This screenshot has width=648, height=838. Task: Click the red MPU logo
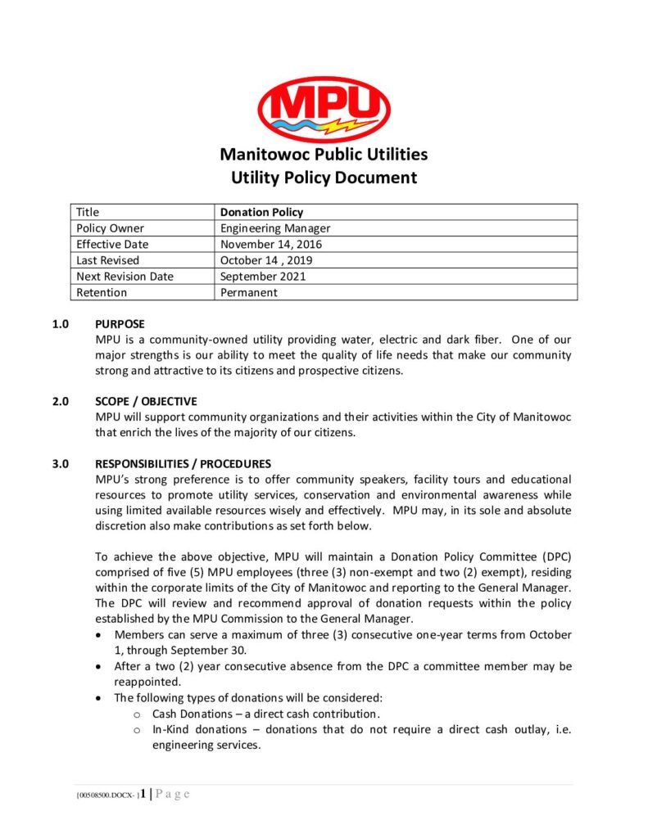[x=324, y=109]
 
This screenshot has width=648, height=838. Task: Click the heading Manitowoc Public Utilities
[x=324, y=154]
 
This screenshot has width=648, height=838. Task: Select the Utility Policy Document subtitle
[x=324, y=178]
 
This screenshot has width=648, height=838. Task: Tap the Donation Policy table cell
[x=261, y=212]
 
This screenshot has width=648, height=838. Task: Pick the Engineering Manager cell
[x=275, y=228]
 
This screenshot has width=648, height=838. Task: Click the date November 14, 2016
[x=271, y=244]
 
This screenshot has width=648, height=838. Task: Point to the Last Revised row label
[x=108, y=260]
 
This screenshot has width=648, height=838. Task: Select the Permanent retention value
[x=249, y=292]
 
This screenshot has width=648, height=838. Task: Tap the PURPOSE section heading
[x=120, y=324]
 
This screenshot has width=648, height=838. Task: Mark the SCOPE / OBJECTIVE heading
[x=146, y=401]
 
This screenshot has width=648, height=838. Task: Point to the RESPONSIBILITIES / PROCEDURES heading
[x=183, y=464]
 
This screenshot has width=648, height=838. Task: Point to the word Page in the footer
[x=172, y=794]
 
